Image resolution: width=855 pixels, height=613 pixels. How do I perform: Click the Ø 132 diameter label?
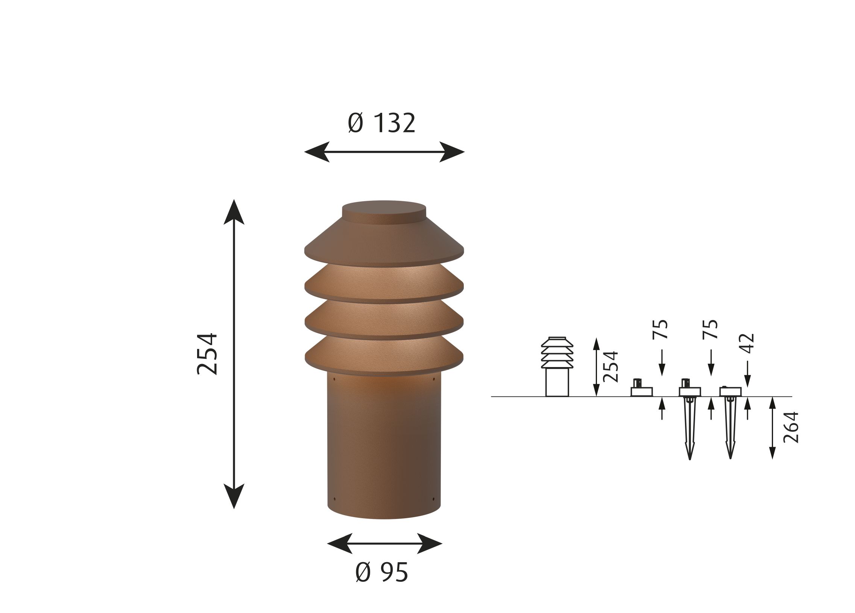pyautogui.click(x=381, y=123)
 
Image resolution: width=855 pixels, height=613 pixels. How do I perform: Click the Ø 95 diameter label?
pyautogui.click(x=381, y=572)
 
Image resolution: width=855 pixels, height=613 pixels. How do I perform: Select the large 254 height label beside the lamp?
pyautogui.click(x=207, y=354)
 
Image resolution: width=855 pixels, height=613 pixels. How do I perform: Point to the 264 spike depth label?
pyautogui.click(x=791, y=427)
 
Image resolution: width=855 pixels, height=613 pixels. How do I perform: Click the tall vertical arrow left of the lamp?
pyautogui.click(x=234, y=354)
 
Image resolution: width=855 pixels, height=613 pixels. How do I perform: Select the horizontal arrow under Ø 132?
pyautogui.click(x=384, y=152)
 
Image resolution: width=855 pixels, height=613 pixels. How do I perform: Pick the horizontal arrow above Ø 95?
pyautogui.click(x=384, y=544)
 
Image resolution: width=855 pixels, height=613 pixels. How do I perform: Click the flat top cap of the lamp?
pyautogui.click(x=384, y=209)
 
